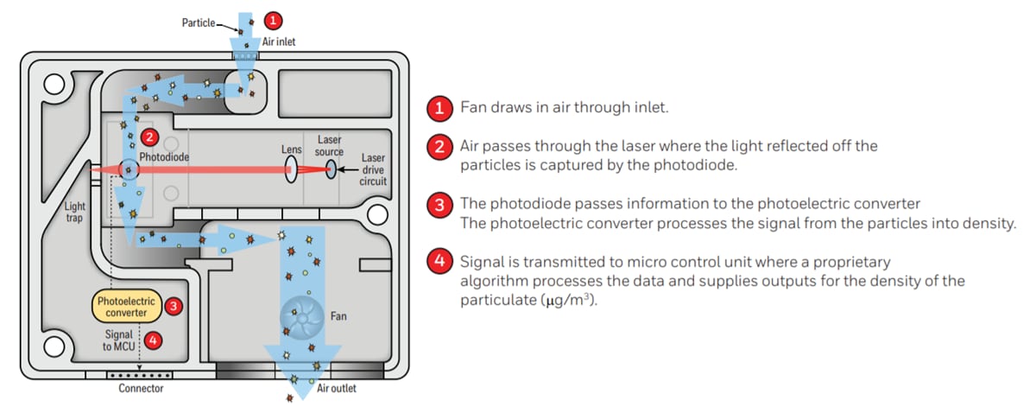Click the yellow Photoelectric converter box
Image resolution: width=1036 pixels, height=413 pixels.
pos(127,306)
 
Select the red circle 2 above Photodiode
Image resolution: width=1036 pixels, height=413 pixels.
pos(148,137)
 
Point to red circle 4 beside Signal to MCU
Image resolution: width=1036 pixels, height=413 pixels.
pos(153,340)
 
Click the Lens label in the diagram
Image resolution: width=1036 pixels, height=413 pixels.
pos(292,149)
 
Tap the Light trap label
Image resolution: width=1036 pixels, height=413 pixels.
pos(76,213)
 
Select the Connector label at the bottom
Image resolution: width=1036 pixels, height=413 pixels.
pos(141,389)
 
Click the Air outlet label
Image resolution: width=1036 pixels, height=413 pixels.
pos(337,389)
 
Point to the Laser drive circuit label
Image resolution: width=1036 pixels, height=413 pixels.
pos(373,170)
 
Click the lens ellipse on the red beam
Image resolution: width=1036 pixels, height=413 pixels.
pos(293,168)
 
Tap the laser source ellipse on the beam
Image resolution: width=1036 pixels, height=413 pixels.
pos(331,169)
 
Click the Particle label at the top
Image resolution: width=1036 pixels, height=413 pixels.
pos(199,22)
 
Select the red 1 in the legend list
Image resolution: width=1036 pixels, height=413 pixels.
pos(439,108)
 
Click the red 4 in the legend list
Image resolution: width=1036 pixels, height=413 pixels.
pos(439,261)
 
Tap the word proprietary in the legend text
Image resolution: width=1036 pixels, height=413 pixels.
pos(853,261)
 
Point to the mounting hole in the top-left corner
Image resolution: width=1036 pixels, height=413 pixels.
pos(54,83)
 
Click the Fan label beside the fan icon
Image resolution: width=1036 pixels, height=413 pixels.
pos(338,316)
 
